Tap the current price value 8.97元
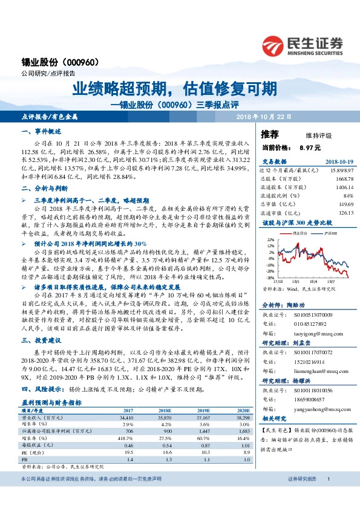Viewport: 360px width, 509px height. (310, 146)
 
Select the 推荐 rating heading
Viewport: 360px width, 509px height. (270, 134)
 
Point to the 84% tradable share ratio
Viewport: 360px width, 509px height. (348, 196)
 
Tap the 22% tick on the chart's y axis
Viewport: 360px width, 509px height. (270, 239)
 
